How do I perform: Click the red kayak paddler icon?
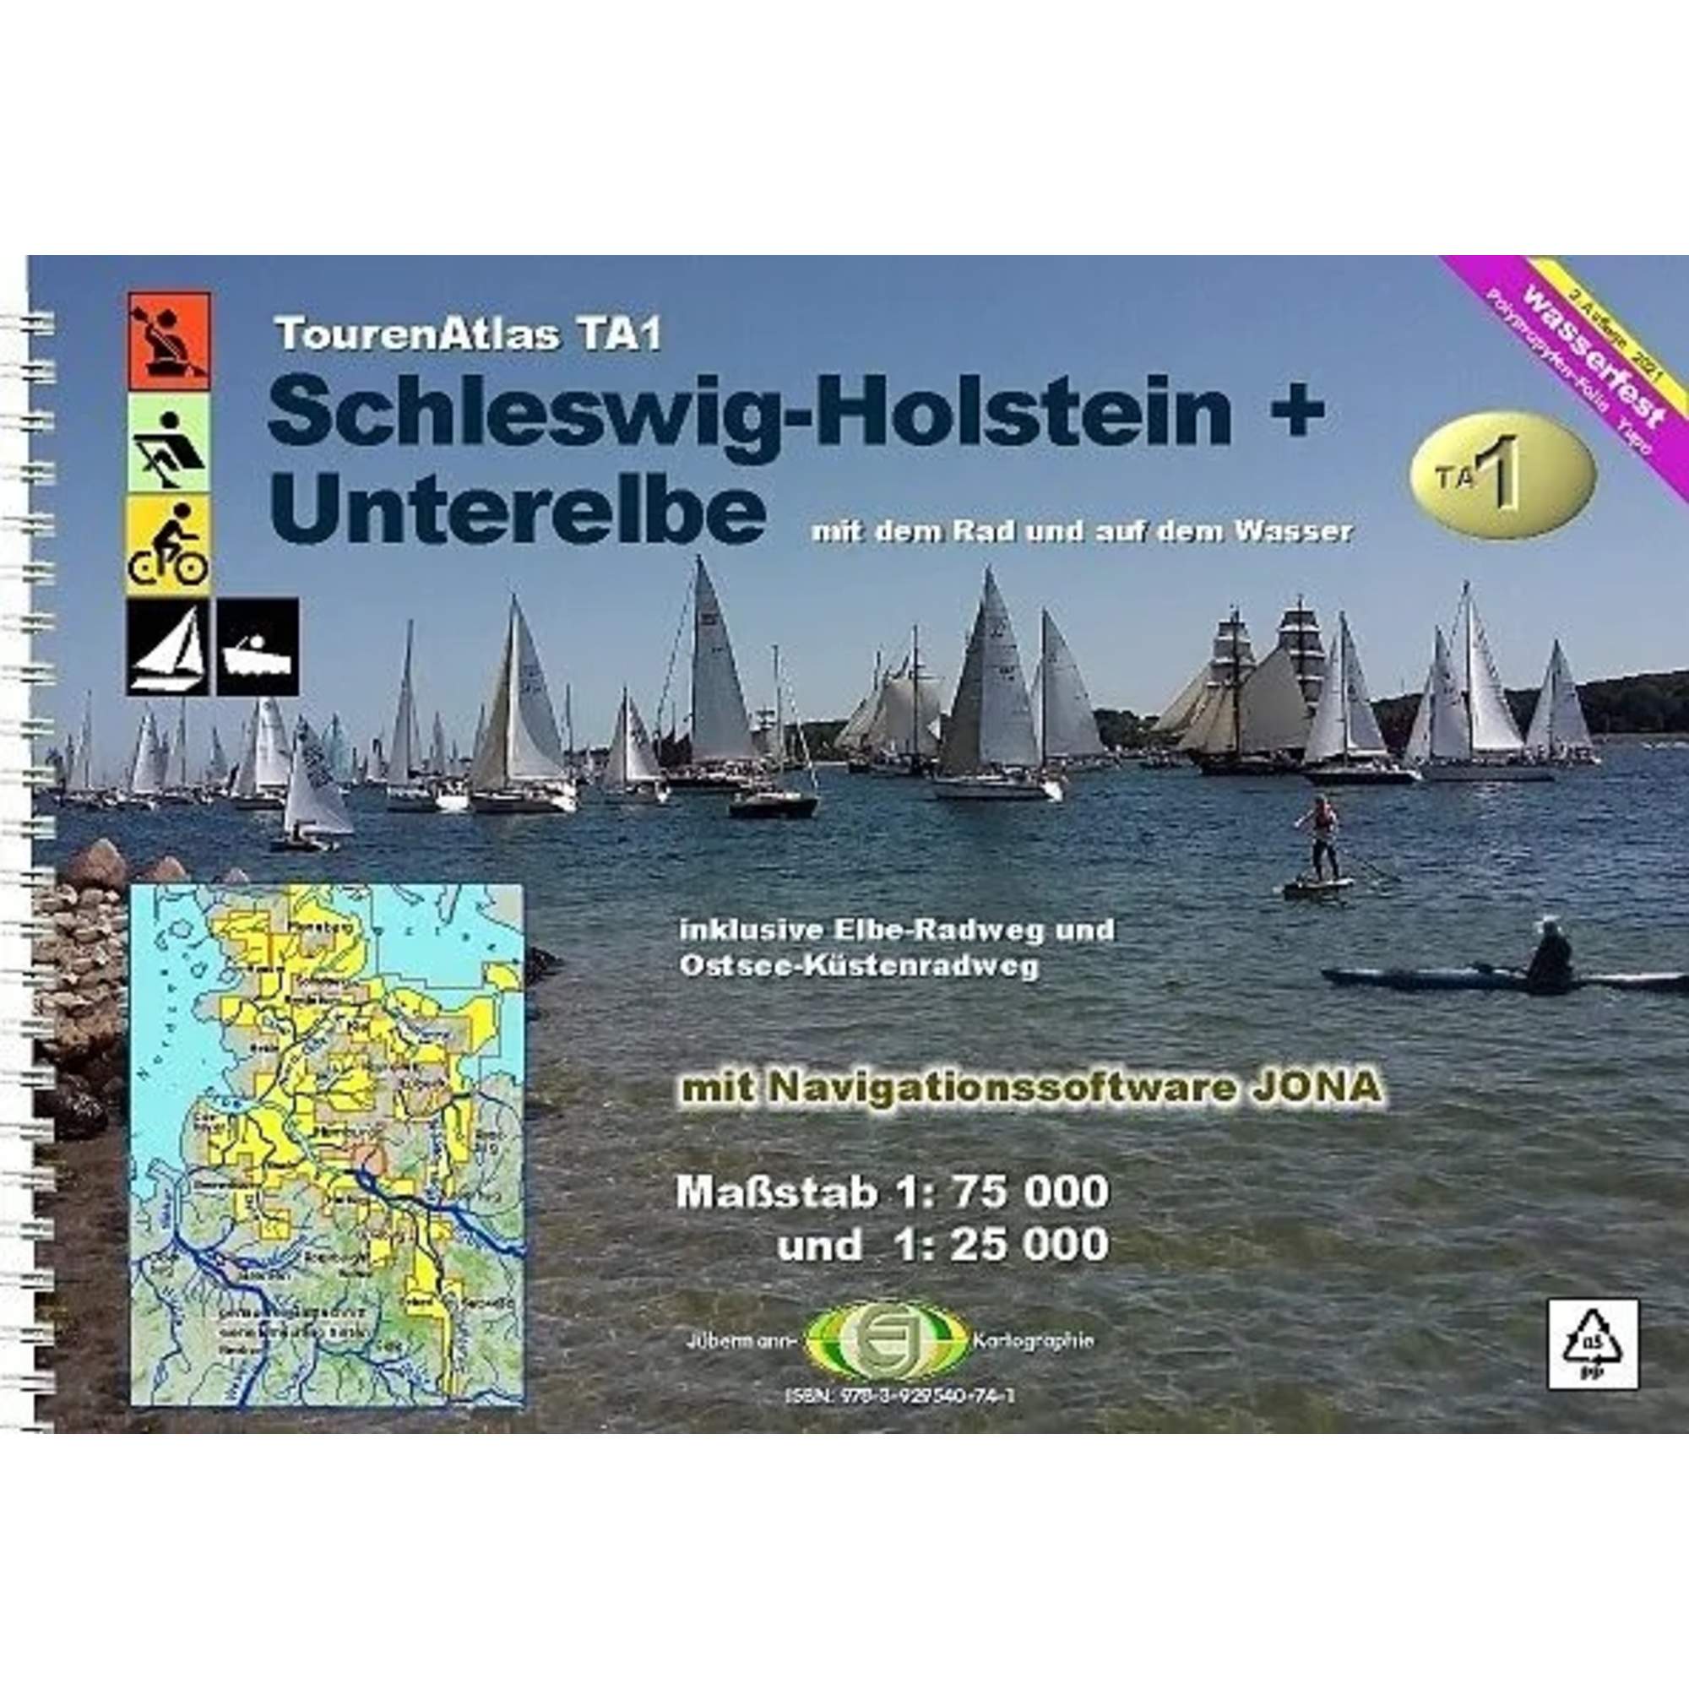[x=169, y=341]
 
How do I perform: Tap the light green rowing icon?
[x=169, y=443]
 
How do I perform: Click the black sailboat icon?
[x=168, y=647]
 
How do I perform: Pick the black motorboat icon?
[x=258, y=647]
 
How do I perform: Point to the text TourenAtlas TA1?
[x=468, y=334]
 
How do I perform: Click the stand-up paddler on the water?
[x=1320, y=839]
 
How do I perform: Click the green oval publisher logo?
[x=888, y=1342]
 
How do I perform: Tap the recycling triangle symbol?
[x=1593, y=1356]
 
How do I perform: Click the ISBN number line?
[x=900, y=1396]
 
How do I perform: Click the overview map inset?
[x=327, y=1146]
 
